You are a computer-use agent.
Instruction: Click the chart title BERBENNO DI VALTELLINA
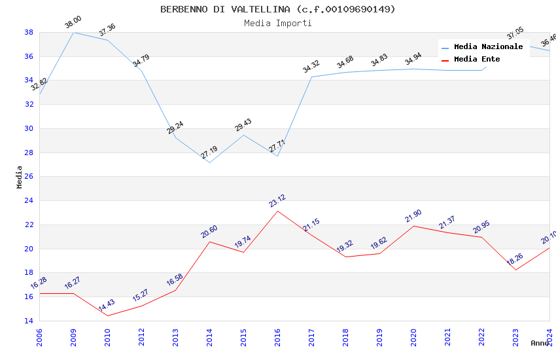[x=278, y=9]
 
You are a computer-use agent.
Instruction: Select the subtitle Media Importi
[x=278, y=23]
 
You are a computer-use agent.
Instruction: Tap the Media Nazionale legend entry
[x=488, y=46]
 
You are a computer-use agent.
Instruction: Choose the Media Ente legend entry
[x=477, y=59]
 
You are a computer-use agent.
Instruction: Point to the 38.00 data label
[x=73, y=24]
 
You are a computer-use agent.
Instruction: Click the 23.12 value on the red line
[x=277, y=201]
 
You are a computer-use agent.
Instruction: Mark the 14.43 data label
[x=107, y=306]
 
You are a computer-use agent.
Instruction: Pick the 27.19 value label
[x=209, y=153]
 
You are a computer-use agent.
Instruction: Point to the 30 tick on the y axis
[x=29, y=128]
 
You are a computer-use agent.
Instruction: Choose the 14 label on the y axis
[x=29, y=321]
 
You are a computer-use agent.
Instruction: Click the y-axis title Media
[x=20, y=177]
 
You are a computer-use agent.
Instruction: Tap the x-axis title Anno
[x=540, y=343]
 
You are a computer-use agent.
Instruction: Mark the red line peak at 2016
[x=277, y=211]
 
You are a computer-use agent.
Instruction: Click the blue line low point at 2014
[x=209, y=162]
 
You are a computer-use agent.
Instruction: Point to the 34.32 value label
[x=311, y=66]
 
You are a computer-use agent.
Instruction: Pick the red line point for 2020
[x=413, y=226]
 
